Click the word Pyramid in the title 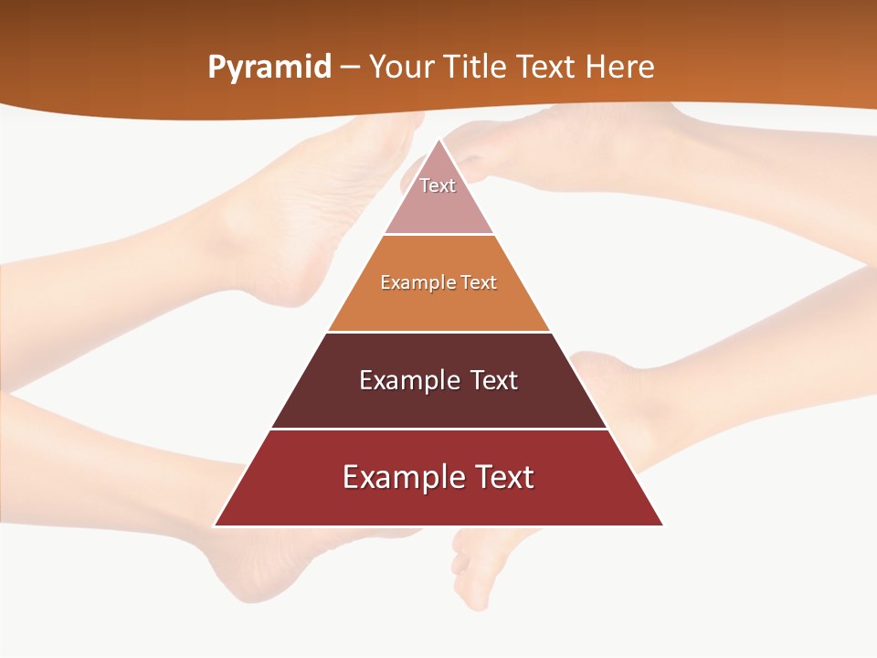click(269, 68)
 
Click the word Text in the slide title click(546, 68)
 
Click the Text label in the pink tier click(438, 186)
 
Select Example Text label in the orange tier click(438, 282)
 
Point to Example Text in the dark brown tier click(438, 380)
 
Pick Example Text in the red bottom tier click(438, 477)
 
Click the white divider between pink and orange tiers click(438, 235)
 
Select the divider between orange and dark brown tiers click(438, 332)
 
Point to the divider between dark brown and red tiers click(438, 429)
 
